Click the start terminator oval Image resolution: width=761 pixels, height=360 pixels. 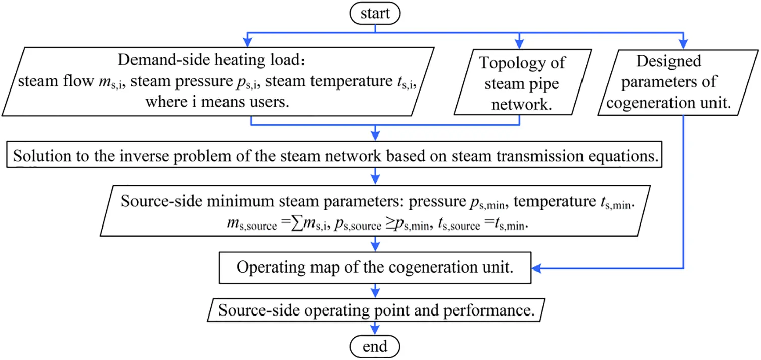click(375, 13)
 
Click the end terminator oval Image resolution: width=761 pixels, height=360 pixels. click(375, 346)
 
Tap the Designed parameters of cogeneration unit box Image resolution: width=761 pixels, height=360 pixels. click(668, 82)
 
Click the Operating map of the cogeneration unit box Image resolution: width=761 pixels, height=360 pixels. click(375, 267)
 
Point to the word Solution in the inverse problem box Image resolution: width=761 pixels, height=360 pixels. click(38, 156)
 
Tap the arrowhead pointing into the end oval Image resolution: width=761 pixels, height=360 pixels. click(375, 331)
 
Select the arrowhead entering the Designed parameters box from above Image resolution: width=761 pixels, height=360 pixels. click(683, 42)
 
